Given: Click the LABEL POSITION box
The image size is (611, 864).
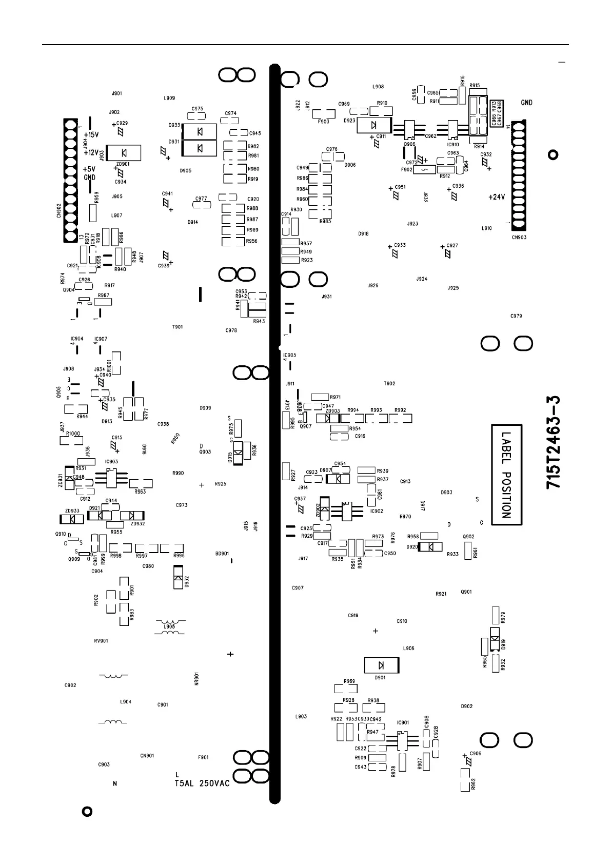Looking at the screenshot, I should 507,475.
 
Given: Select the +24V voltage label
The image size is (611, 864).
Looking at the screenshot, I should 497,197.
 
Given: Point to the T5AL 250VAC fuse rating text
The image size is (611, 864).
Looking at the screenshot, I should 202,783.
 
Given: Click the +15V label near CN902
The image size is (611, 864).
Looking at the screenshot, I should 91,134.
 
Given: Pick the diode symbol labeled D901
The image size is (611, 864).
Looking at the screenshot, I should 381,665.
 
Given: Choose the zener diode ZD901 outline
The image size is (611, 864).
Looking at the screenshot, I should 123,152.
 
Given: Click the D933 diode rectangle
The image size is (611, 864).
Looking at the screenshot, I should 200,132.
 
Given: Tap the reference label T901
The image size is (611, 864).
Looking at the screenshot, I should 178,327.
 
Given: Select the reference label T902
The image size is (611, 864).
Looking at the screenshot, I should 389,384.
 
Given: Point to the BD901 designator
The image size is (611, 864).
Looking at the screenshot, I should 222,554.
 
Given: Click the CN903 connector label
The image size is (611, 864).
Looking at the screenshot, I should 519,238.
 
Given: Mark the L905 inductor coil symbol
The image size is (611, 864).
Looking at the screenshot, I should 169,626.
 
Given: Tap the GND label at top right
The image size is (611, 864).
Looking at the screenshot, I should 526,103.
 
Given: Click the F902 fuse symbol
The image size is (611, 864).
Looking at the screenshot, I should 424,169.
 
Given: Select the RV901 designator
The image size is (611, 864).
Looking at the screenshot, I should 101,641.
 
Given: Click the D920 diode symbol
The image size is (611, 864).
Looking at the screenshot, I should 430,547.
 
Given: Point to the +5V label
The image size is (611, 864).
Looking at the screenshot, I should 89,169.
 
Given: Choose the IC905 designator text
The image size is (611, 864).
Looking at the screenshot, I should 290,355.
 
